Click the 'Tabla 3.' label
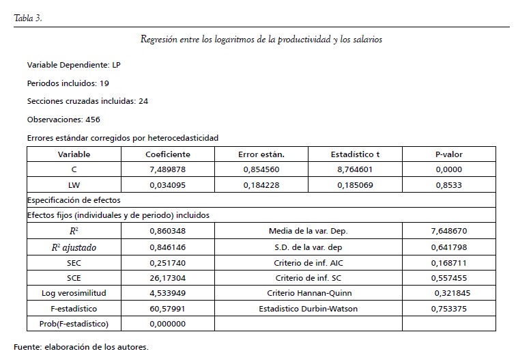[28, 18]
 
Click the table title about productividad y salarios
[261, 40]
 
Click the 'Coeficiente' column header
[168, 154]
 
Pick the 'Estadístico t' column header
[355, 154]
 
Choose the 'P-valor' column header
[448, 154]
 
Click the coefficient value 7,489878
[168, 169]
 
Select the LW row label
[74, 184]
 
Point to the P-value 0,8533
[448, 184]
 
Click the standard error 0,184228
[261, 184]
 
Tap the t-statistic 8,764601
[355, 169]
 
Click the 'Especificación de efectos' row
[74, 200]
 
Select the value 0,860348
[168, 231]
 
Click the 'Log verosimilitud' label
[74, 293]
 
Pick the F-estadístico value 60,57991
[168, 308]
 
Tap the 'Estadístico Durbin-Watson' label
[308, 308]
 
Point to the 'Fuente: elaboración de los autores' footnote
[81, 346]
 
